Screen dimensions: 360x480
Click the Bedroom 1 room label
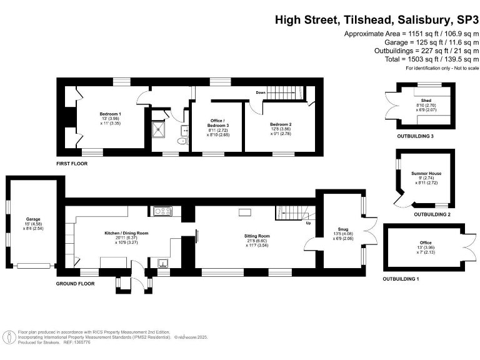(x=110, y=114)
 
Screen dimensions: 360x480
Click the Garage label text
(x=32, y=219)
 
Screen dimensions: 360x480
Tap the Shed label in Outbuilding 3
(x=426, y=100)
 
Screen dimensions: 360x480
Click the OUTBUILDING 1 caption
(x=401, y=278)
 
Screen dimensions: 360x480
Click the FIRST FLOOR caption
(x=71, y=164)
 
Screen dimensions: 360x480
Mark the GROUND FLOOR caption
(x=75, y=283)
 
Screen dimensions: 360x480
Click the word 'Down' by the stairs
(x=261, y=92)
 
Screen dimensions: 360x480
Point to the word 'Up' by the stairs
(x=307, y=222)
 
